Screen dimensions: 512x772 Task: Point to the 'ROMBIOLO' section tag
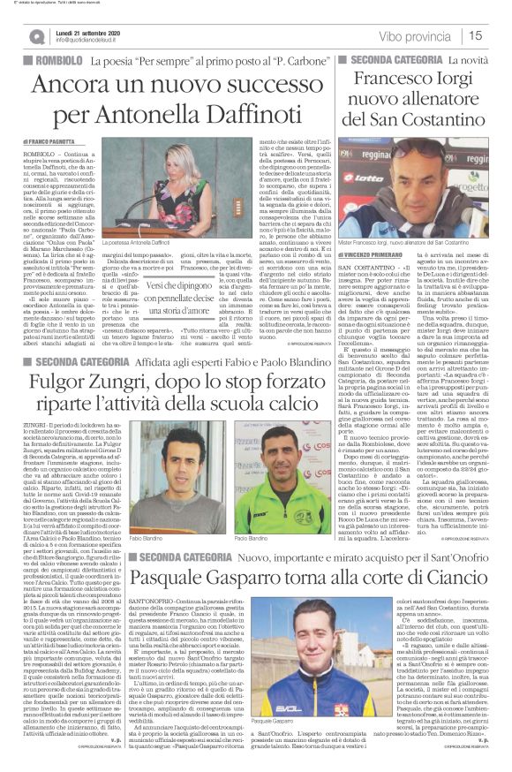coord(56,61)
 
